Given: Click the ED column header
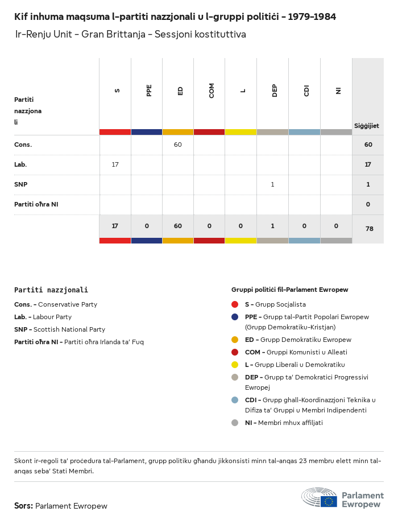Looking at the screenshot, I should (x=180, y=90).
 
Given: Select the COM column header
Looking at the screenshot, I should (x=212, y=90).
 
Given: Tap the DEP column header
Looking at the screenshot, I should (x=275, y=90).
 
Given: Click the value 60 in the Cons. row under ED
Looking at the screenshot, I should (x=178, y=145).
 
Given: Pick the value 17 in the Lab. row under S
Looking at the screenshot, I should (x=115, y=164).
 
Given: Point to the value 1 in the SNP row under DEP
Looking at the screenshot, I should (x=272, y=184).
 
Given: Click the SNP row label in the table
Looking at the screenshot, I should (x=21, y=184).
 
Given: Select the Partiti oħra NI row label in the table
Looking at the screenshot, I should (x=36, y=204).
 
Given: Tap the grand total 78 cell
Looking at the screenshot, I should (x=368, y=229).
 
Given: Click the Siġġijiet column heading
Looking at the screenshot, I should (x=367, y=126).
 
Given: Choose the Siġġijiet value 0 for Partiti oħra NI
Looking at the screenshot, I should (x=368, y=204).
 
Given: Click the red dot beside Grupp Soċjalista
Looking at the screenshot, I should (x=235, y=304).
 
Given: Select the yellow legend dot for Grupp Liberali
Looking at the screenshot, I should (x=235, y=365).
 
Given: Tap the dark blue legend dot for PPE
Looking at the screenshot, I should (x=235, y=317).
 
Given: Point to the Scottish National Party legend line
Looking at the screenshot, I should (x=60, y=329).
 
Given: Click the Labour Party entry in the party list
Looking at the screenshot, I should (x=43, y=317).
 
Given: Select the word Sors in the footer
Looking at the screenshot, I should (x=23, y=506).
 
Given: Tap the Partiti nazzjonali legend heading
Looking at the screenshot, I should (x=51, y=290).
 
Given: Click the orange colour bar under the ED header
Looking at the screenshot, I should (x=178, y=132).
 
